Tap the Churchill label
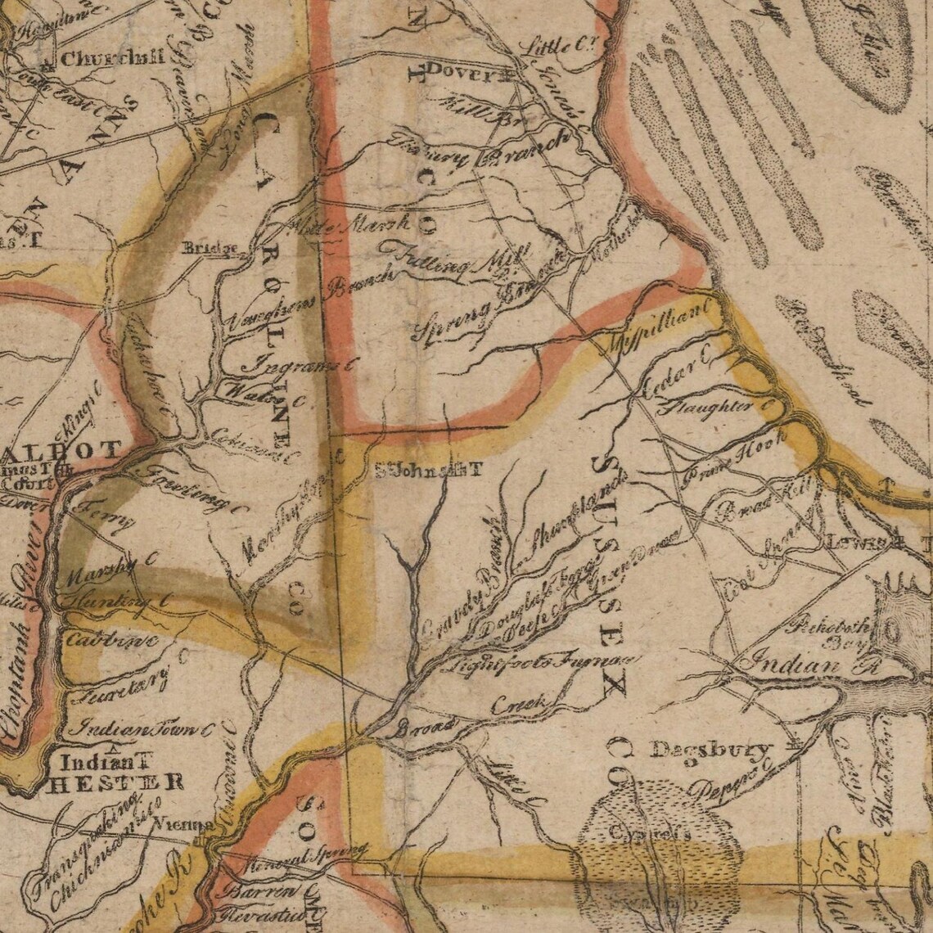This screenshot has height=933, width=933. (112, 58)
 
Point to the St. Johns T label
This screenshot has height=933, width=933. (429, 471)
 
